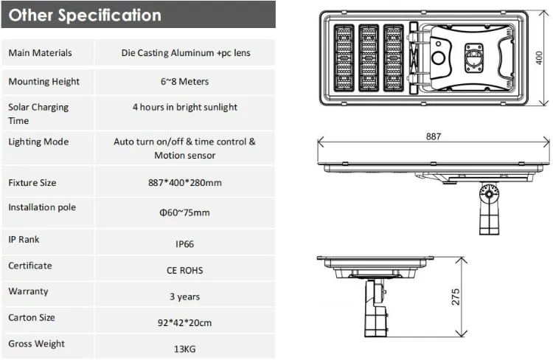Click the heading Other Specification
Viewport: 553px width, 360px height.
point(85,15)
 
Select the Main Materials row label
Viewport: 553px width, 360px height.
point(40,53)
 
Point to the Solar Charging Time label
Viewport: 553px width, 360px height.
point(38,114)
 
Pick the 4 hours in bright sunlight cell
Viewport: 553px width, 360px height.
point(185,107)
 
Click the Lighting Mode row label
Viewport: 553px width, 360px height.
point(38,142)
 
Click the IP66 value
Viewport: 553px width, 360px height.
point(184,243)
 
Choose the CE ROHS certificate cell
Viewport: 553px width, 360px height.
point(184,270)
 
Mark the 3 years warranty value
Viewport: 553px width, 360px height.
point(184,297)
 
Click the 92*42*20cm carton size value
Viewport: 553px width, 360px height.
point(184,322)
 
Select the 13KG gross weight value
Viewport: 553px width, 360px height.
point(184,349)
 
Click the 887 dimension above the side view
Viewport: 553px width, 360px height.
point(434,136)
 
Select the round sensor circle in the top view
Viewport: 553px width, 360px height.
point(438,59)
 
